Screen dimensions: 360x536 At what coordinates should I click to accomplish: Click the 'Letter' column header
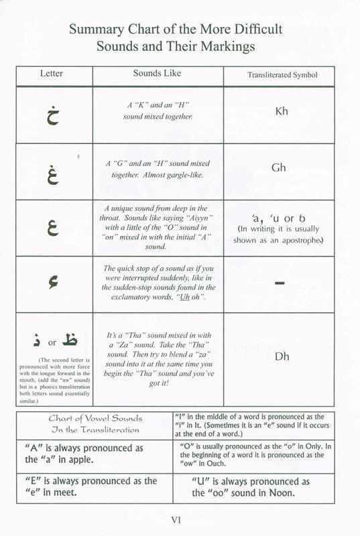52,74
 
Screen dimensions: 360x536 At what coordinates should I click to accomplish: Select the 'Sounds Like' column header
156,74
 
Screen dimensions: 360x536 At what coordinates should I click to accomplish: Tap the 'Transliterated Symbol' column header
278,76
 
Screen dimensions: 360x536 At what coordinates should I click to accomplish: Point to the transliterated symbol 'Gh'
279,167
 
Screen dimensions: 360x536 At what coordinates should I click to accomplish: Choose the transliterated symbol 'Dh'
282,356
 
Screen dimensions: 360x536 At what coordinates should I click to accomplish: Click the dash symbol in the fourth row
280,284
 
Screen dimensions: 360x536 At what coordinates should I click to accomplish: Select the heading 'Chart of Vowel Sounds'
94,418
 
